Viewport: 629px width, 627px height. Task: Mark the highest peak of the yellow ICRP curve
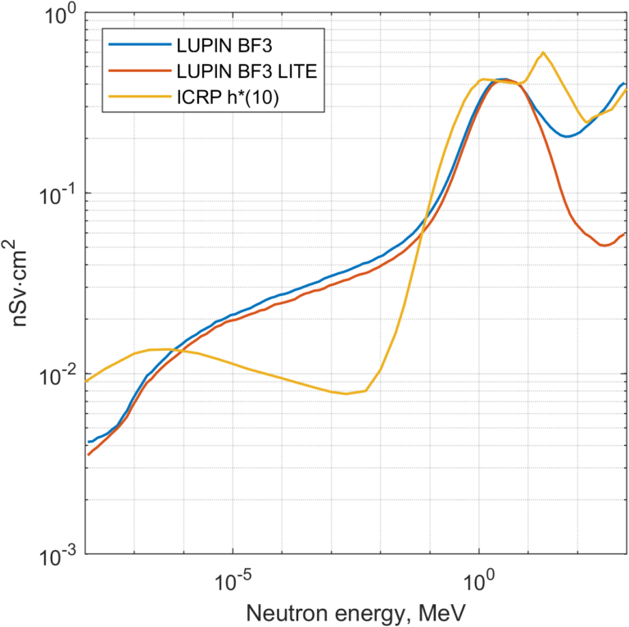click(543, 52)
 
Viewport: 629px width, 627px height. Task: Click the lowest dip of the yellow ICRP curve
click(346, 393)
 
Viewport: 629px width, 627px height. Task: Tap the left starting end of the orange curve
click(88, 454)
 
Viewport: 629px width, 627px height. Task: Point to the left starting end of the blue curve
click(88, 442)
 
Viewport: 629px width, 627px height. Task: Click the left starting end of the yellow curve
click(88, 381)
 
